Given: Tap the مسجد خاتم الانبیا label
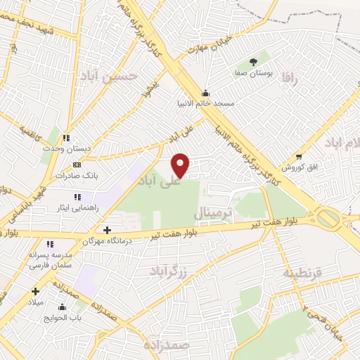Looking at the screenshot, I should pyautogui.click(x=205, y=103).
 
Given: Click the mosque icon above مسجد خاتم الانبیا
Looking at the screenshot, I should pyautogui.click(x=205, y=93).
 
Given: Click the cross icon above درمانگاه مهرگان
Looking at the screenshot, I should pyautogui.click(x=106, y=230).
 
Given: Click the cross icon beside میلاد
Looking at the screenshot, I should pyautogui.click(x=35, y=291).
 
